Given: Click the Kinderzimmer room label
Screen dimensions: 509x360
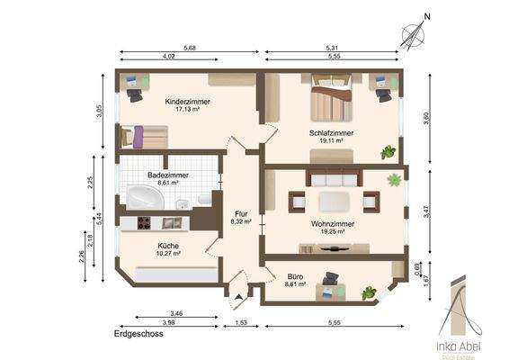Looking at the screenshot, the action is tap(187, 102).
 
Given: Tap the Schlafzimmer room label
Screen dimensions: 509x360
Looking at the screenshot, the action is tap(331, 133).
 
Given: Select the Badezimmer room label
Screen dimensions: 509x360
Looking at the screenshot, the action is tap(168, 175).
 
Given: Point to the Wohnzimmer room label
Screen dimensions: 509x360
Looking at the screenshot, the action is tap(333, 224).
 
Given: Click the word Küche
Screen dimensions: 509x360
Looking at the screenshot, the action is tap(168, 246).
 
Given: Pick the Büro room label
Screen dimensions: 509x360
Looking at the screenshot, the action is tap(295, 276).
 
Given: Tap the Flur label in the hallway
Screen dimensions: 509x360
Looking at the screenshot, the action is tap(241, 214).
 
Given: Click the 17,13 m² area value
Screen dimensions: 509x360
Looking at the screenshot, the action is tap(187, 110).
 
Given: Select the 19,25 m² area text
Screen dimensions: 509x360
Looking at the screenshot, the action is tap(333, 231).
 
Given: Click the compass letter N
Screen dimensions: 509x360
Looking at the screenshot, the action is tap(427, 16).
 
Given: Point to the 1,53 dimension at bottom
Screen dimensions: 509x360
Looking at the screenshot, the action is tap(241, 322).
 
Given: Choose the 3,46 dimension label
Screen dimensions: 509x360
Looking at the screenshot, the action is tap(176, 313).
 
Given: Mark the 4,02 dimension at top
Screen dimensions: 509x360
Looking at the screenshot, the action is tap(168, 56).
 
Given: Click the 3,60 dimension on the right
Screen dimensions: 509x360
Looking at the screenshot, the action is tap(426, 118).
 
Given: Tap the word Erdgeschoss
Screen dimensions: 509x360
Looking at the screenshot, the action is tap(138, 334).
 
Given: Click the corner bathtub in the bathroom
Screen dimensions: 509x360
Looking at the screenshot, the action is tap(145, 197).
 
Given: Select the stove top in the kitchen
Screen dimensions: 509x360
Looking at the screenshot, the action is tap(144, 223).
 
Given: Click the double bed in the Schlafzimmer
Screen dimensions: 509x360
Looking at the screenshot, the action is tap(332, 98).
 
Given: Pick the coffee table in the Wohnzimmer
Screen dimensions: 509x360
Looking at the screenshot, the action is tap(334, 202).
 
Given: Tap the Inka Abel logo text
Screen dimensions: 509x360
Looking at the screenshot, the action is tap(459, 346).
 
